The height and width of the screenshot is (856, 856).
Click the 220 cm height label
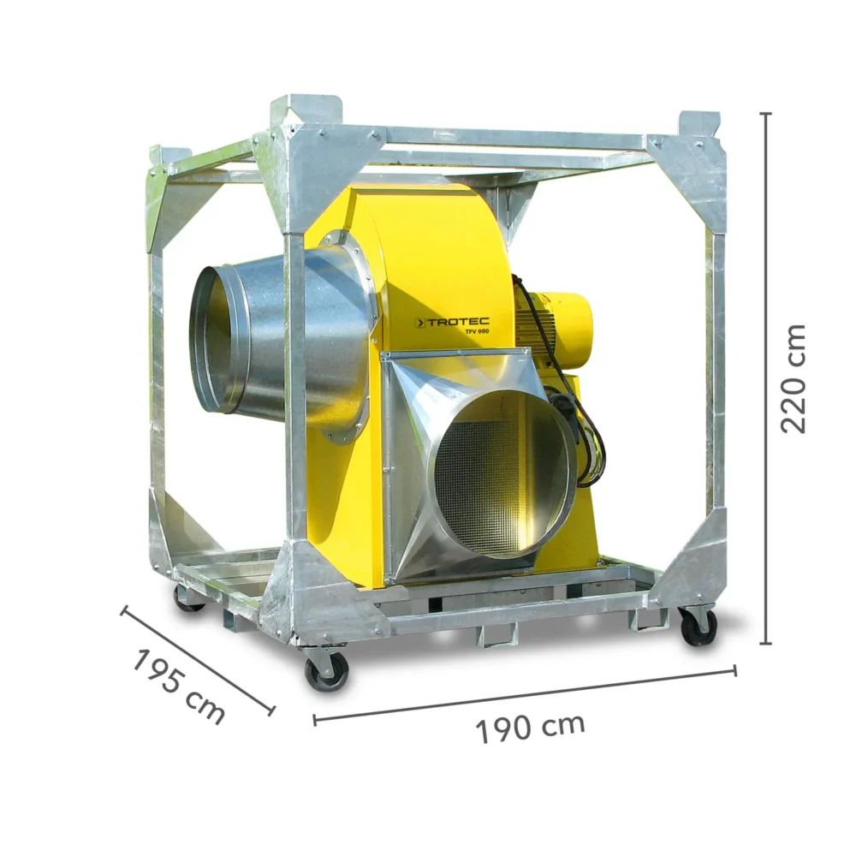(794, 377)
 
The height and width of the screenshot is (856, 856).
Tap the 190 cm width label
(531, 727)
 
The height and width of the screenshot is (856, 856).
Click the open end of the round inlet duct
(210, 338)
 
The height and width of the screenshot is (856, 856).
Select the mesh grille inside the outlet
(488, 475)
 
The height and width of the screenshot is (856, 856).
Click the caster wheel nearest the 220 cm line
(698, 627)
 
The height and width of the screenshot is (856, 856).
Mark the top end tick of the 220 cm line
(765, 113)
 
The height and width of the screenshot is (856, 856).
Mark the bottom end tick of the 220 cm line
(765, 643)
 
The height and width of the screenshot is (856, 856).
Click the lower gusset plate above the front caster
(317, 591)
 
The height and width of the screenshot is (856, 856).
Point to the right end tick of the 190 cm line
(734, 670)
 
